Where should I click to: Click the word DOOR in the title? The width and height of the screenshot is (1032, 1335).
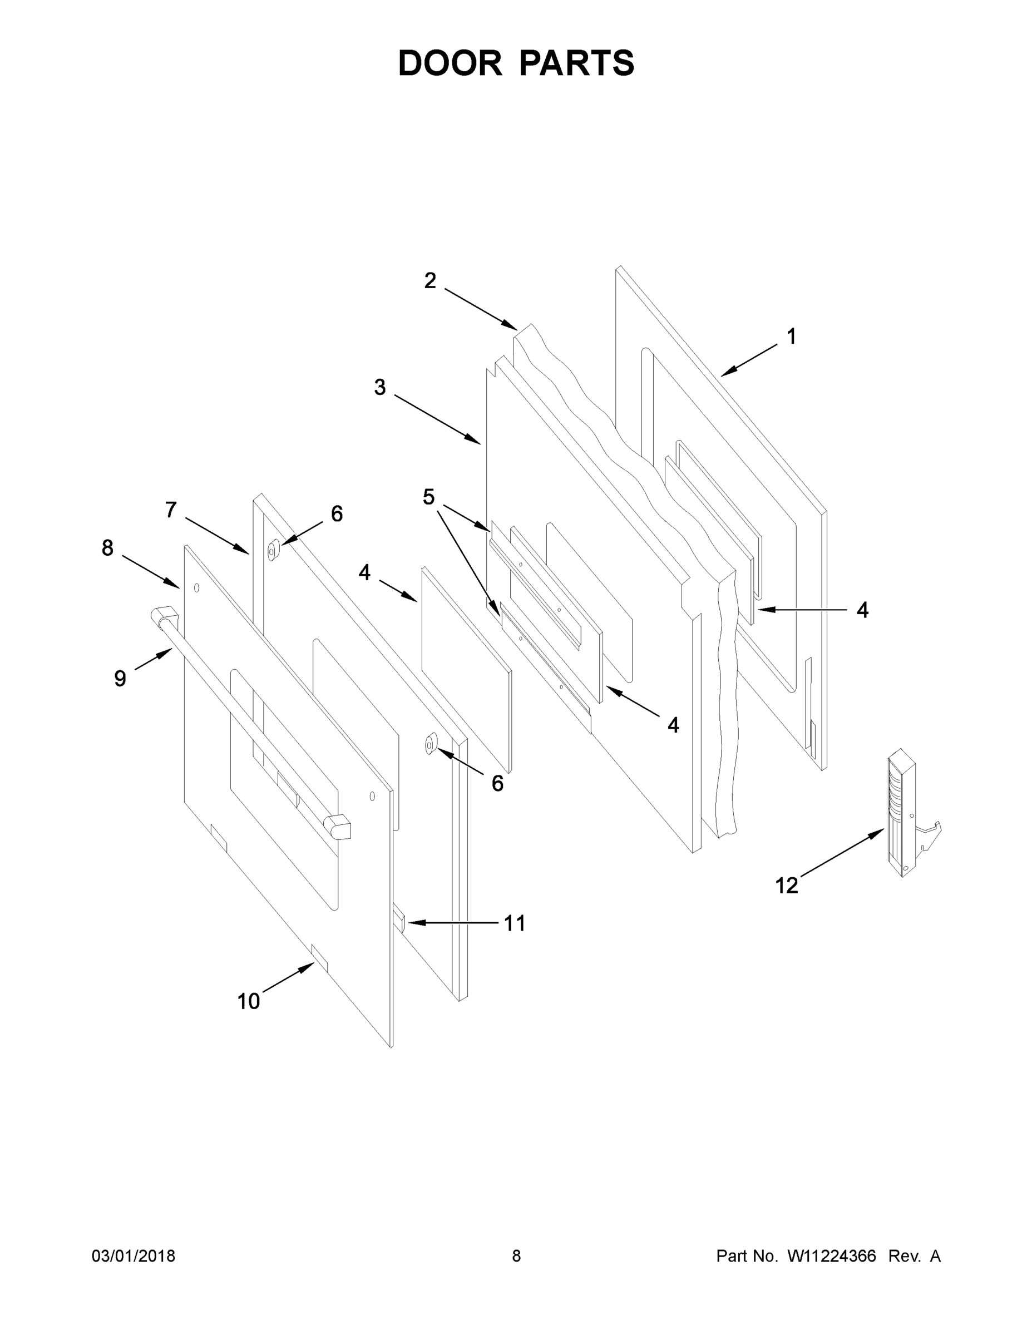pyautogui.click(x=450, y=63)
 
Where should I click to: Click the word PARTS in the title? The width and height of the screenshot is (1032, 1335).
pyautogui.click(x=576, y=63)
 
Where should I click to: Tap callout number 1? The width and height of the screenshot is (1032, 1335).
pyautogui.click(x=791, y=336)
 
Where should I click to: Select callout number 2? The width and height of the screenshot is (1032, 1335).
pyautogui.click(x=431, y=280)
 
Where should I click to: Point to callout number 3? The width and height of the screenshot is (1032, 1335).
pyautogui.click(x=379, y=387)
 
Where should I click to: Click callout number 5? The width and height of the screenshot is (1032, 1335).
pyautogui.click(x=428, y=497)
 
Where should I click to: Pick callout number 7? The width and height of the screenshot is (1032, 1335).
pyautogui.click(x=171, y=509)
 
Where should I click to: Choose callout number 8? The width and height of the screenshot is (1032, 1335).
pyautogui.click(x=107, y=548)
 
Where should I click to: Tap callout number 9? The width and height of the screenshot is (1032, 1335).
pyautogui.click(x=120, y=678)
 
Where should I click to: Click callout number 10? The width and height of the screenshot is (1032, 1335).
pyautogui.click(x=248, y=1001)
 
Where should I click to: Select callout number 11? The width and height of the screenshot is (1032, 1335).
pyautogui.click(x=515, y=923)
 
